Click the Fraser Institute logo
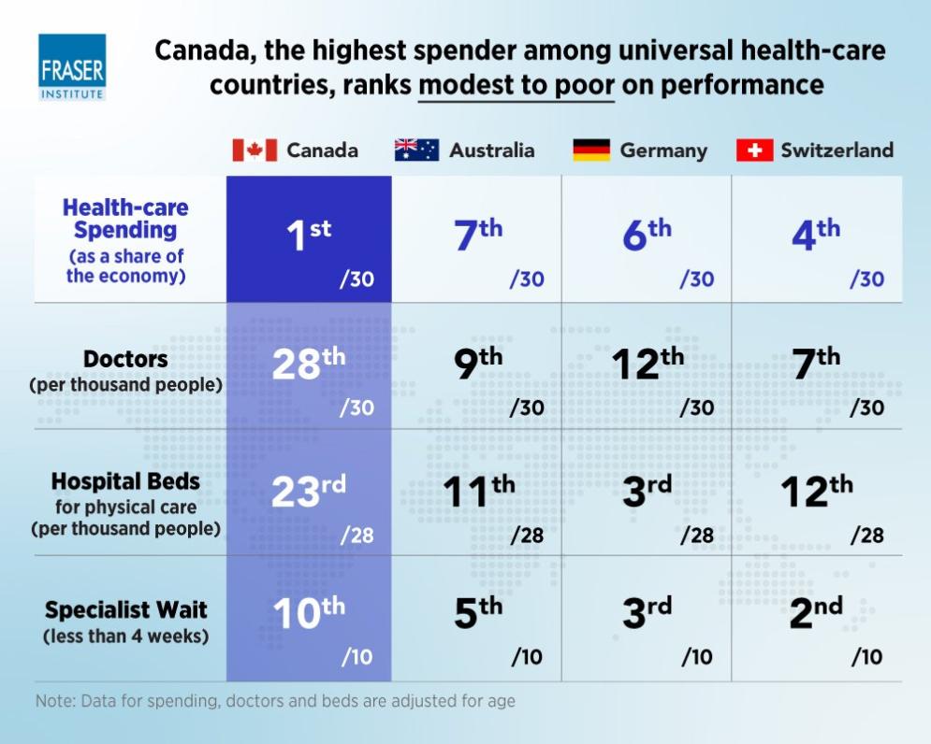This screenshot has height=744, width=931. coord(72,66)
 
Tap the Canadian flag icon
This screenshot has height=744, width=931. coord(255,150)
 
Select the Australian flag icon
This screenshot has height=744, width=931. coord(416,150)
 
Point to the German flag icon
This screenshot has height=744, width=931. coord(591,150)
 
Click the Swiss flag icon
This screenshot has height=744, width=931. coord(754,150)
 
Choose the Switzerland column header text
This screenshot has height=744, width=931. coord(836,150)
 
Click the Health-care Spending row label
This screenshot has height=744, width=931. coord(125,240)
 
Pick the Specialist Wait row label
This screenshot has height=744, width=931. coord(125,622)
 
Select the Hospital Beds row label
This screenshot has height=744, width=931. coord(125,503)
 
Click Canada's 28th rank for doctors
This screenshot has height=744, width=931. coord(309,364)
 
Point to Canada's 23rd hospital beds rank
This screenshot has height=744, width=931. coord(309,491)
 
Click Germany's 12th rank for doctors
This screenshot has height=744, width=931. coord(647,364)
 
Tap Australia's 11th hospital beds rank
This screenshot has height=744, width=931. coord(478,491)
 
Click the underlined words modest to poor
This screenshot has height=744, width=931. coord(516,85)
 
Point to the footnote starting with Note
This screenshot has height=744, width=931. coord(275,700)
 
